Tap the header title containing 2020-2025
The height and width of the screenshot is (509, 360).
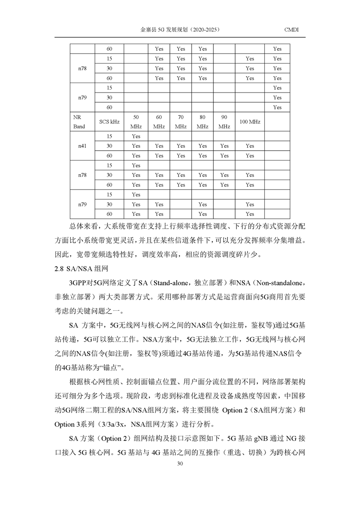(x=180, y=30)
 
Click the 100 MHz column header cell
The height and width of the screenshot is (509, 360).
(x=250, y=122)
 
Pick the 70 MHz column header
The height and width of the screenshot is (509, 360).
(x=181, y=122)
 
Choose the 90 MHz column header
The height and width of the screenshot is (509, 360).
(x=224, y=122)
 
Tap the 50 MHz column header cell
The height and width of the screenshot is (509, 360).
(x=136, y=122)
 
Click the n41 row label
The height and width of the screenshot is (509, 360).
(x=82, y=146)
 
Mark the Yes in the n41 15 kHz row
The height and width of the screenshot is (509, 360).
(x=136, y=137)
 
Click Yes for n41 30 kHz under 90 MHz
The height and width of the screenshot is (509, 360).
(x=224, y=146)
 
